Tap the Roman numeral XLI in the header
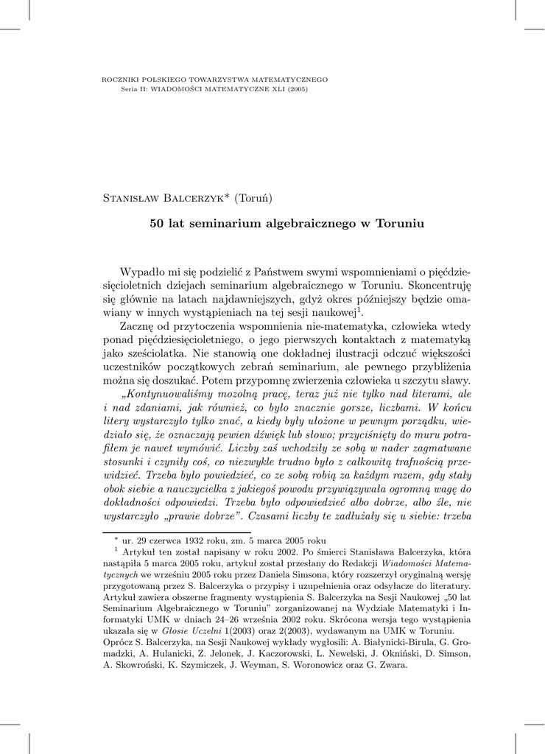(x=261, y=88)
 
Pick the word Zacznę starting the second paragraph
(x=137, y=326)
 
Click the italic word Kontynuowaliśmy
(x=168, y=393)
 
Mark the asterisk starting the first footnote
(x=116, y=538)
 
